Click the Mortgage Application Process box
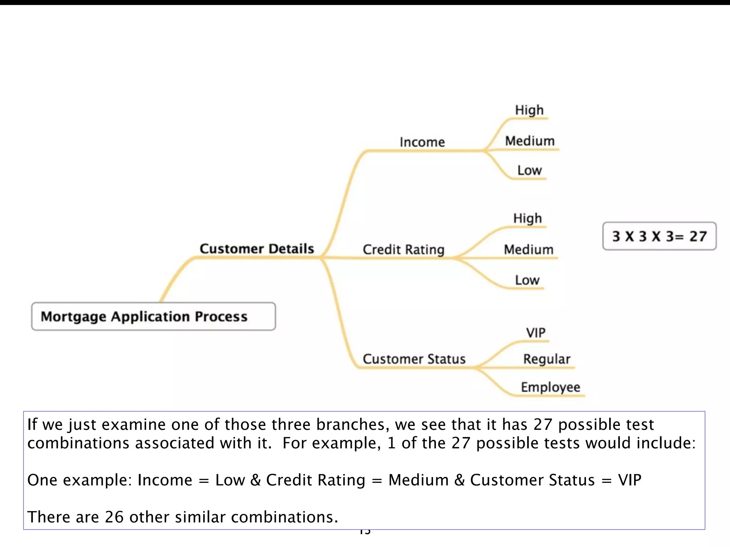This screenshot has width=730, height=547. click(153, 316)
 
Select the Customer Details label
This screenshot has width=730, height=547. click(257, 249)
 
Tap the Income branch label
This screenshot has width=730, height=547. click(422, 142)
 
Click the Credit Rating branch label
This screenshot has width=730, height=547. click(403, 249)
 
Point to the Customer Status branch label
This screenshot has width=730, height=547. click(414, 359)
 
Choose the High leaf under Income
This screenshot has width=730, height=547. click(529, 110)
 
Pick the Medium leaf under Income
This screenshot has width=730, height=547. click(530, 141)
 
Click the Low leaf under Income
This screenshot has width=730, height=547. click(529, 171)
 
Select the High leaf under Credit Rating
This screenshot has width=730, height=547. click(527, 218)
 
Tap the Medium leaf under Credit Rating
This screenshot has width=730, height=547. click(528, 249)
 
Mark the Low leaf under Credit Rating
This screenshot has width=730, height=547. click(527, 280)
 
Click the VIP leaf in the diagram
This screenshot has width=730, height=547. click(535, 333)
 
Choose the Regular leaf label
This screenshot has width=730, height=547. click(546, 359)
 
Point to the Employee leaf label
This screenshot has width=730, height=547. click(550, 387)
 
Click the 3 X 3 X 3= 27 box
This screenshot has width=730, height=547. click(659, 236)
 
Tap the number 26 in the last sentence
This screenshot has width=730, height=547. click(114, 517)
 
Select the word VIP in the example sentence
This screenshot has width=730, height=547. click(629, 480)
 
